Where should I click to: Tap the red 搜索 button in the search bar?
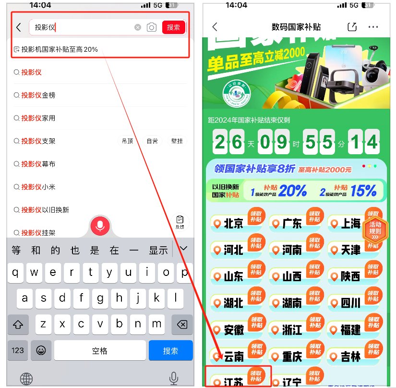[173, 27]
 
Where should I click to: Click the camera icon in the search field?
[152, 27]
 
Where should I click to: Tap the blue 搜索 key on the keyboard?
[170, 351]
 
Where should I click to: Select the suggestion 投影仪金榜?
[38, 95]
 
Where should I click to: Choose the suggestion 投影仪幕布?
[38, 164]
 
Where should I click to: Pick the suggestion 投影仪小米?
[38, 187]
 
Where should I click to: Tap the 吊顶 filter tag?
[127, 141]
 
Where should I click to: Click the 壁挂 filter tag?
[177, 141]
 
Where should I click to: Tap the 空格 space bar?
[99, 351]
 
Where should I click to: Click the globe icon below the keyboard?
[25, 377]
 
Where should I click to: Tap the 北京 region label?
[233, 224]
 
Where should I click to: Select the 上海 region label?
[350, 224]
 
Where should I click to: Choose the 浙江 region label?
[292, 330]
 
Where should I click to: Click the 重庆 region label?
[292, 356]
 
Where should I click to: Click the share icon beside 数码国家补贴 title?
[352, 27]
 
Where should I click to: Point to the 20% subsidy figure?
[292, 191]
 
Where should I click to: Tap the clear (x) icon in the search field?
[138, 27]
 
